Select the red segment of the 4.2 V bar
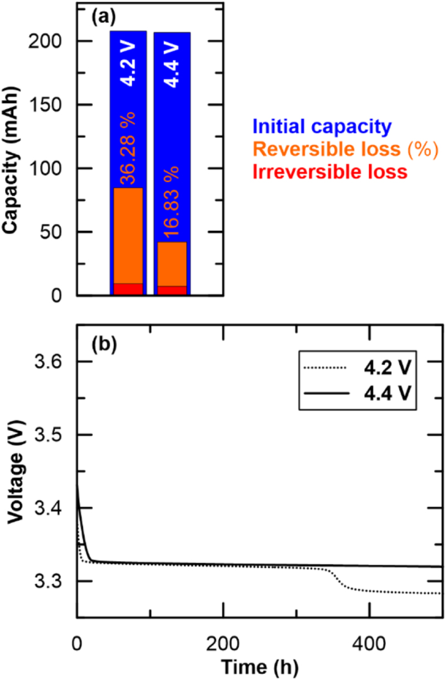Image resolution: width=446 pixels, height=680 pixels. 127,289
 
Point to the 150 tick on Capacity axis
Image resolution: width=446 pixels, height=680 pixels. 51,105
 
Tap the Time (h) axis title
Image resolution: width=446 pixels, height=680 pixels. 259,667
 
